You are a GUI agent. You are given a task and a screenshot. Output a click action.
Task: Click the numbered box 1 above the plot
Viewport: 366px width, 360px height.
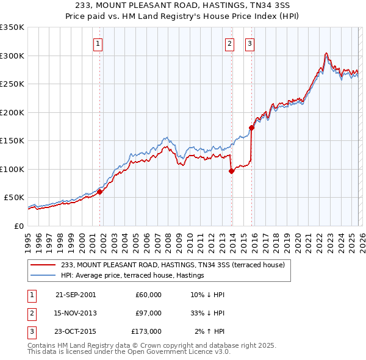point(98,43)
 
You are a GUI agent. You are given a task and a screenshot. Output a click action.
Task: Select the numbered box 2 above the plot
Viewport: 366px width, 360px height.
point(229,43)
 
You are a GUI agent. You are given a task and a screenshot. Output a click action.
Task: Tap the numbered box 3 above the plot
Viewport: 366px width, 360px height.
point(250,43)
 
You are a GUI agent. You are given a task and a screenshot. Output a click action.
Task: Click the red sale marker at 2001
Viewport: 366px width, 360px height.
point(100,192)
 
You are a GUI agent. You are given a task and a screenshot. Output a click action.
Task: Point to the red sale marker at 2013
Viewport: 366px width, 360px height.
point(232,171)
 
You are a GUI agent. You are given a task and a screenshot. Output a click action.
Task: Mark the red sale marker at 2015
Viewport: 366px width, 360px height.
point(252,128)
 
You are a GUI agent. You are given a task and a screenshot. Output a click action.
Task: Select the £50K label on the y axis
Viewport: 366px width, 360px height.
point(15,198)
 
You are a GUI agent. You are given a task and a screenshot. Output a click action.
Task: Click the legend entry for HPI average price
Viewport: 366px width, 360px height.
point(132,276)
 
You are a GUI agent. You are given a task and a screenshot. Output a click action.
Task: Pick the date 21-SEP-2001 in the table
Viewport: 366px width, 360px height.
point(76,295)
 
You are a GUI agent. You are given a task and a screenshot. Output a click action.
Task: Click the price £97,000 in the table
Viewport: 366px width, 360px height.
point(149,313)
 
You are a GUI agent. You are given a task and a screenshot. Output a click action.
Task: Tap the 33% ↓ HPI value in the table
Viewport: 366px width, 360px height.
point(207,313)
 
